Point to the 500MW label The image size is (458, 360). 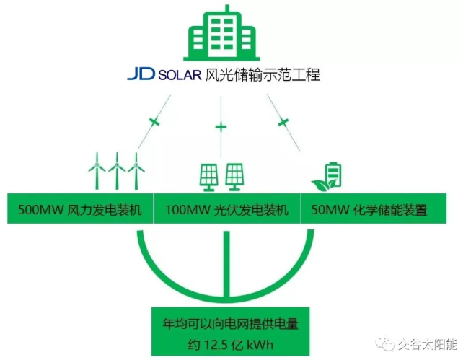33,211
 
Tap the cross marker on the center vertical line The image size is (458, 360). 221,128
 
